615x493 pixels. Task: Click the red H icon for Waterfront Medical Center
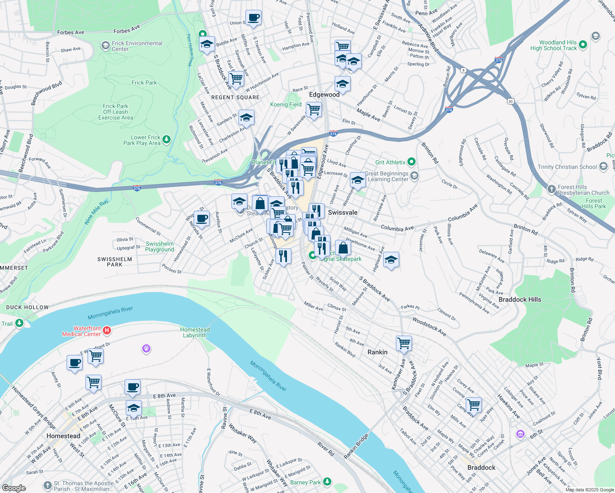click(107, 330)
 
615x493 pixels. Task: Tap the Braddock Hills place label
click(520, 299)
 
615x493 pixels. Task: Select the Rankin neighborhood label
click(377, 352)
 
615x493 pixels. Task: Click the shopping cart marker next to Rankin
click(404, 343)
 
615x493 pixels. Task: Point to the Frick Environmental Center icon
click(106, 45)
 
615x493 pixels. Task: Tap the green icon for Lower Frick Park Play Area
click(166, 140)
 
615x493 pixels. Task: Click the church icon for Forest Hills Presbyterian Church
click(551, 189)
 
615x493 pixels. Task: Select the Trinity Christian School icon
click(603, 166)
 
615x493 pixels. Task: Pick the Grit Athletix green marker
click(412, 162)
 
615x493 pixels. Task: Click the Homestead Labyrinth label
click(195, 332)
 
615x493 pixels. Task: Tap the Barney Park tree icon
click(327, 481)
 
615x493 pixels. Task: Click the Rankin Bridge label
click(356, 446)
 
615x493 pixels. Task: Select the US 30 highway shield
click(510, 101)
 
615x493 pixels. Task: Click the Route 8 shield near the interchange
click(464, 70)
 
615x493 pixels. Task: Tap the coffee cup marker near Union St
click(254, 18)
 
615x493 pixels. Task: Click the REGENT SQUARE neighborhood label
click(235, 97)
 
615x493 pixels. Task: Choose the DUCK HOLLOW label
click(28, 307)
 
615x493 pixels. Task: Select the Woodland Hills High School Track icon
click(595, 36)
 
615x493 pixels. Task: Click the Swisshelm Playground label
click(160, 246)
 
